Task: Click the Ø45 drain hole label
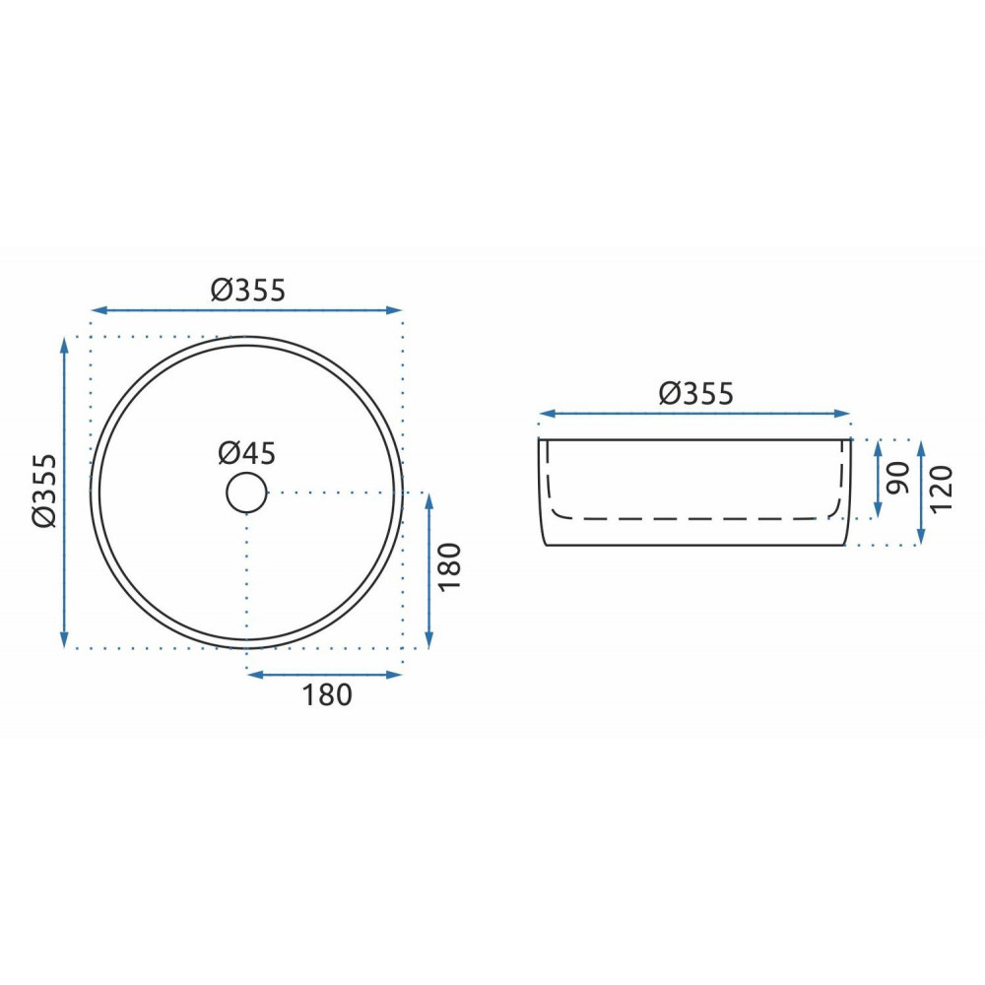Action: [x=247, y=453]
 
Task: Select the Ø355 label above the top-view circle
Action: [x=248, y=291]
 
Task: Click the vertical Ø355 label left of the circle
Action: [x=45, y=492]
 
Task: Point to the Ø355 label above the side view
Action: [x=696, y=394]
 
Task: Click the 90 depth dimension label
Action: [x=898, y=478]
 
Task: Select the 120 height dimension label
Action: [x=941, y=490]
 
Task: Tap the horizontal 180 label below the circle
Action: [x=327, y=694]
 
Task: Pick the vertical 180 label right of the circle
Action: [x=450, y=566]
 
